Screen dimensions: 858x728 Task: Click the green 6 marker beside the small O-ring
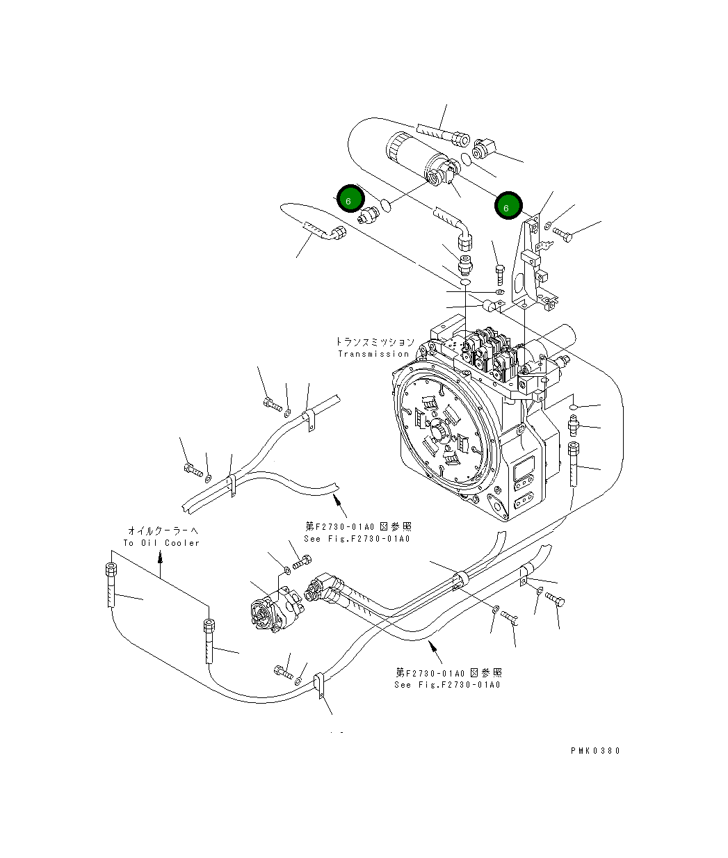coord(350,200)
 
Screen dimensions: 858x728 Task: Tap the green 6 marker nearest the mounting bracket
coord(508,207)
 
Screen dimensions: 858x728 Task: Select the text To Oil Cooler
coord(161,543)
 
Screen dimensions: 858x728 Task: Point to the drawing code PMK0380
coord(594,751)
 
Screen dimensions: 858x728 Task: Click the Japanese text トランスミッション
coord(375,342)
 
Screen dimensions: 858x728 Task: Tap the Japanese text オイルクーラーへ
coord(162,531)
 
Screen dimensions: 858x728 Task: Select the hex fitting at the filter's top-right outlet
coord(483,149)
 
